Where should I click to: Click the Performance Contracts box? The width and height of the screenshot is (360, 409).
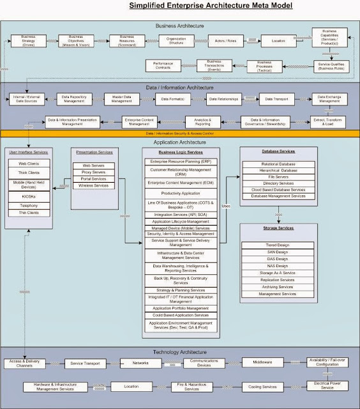coord(163,65)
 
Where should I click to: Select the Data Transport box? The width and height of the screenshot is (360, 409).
coord(278,99)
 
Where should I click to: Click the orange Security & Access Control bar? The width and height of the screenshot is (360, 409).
coord(179,133)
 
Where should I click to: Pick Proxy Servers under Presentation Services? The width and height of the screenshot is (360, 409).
coord(94,172)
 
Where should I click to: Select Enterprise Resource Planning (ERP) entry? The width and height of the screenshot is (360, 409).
coord(181,162)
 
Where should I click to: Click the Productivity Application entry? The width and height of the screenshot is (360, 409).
coord(181,192)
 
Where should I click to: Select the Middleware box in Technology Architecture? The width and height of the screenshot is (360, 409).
coord(260,362)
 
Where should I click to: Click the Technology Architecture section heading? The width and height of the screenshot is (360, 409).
coord(179,352)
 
